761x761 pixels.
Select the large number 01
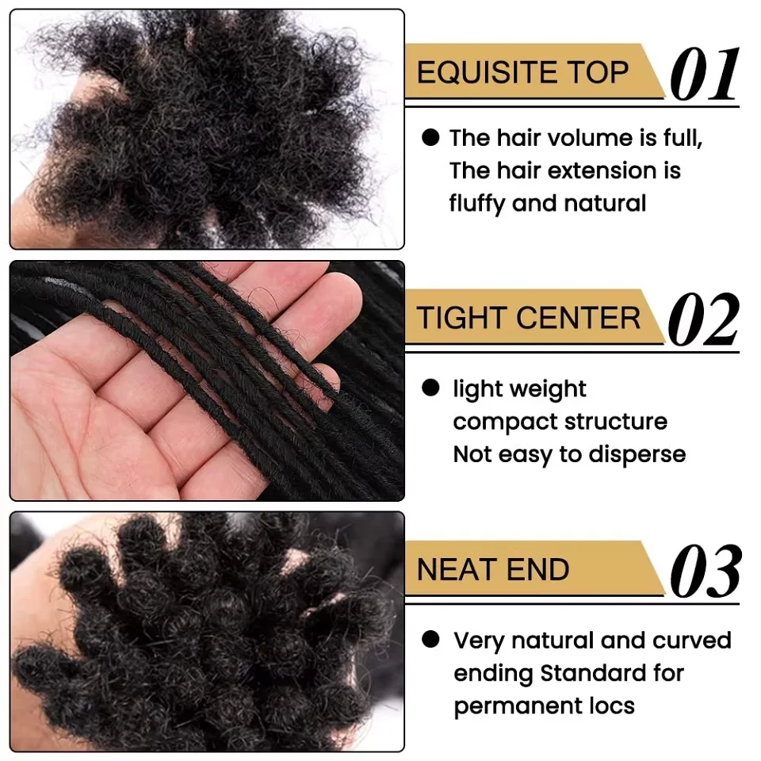pyautogui.click(x=705, y=75)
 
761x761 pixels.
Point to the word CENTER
pyautogui.click(x=578, y=319)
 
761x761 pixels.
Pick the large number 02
pyautogui.click(x=704, y=319)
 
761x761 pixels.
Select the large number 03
pyautogui.click(x=706, y=571)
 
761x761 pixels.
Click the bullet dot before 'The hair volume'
pyautogui.click(x=430, y=137)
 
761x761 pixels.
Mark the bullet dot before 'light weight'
pyautogui.click(x=430, y=388)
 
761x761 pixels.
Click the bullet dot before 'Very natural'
pyautogui.click(x=430, y=639)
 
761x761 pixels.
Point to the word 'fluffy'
pyautogui.click(x=477, y=204)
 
